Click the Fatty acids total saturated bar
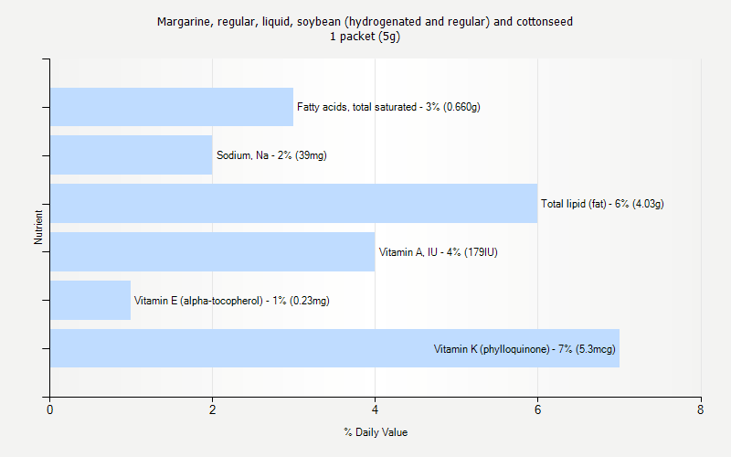[172, 107]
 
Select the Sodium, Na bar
[131, 155]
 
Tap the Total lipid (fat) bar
[293, 203]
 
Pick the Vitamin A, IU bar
[212, 251]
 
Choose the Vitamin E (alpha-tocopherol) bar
[90, 300]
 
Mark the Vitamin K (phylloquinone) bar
[238, 348]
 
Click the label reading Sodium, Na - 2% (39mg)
[271, 155]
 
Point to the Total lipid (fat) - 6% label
[602, 204]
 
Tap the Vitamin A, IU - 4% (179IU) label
[438, 252]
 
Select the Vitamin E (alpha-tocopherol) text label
[232, 301]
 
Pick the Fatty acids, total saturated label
[388, 107]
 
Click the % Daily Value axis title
[375, 432]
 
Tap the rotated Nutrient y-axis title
[39, 227]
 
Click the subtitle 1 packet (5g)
[365, 37]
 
